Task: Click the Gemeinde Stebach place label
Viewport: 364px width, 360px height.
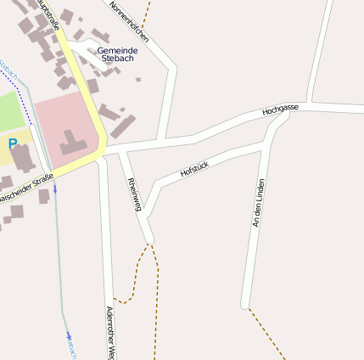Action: point(116,54)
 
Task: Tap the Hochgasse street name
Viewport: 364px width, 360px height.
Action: point(280,110)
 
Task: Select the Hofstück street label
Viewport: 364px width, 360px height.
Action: point(194,169)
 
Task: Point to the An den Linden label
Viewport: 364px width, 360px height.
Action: point(259,202)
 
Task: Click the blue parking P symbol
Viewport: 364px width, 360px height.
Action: point(13,144)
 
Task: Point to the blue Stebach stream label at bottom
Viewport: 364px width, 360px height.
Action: point(72,345)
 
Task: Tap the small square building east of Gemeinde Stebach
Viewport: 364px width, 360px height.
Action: point(138,80)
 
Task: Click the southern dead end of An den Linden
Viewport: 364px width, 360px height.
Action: point(244,303)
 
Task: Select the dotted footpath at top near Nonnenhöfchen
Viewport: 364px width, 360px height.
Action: point(146,14)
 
